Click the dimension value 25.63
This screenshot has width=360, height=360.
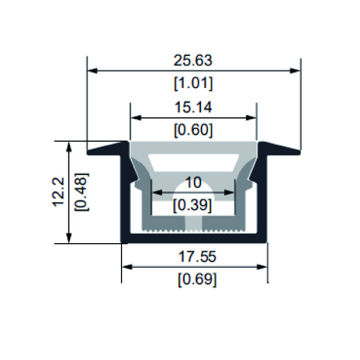(193, 60)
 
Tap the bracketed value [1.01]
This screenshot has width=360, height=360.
(194, 83)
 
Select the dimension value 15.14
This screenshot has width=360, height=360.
(193, 108)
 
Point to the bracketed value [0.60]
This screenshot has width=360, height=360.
(194, 130)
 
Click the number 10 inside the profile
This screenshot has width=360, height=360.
(194, 182)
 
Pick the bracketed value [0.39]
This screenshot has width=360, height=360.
(192, 205)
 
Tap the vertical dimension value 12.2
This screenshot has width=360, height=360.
(59, 192)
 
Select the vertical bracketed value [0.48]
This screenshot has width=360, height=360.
(81, 192)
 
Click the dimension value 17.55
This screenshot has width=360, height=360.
(197, 256)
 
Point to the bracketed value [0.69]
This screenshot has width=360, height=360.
(197, 279)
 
